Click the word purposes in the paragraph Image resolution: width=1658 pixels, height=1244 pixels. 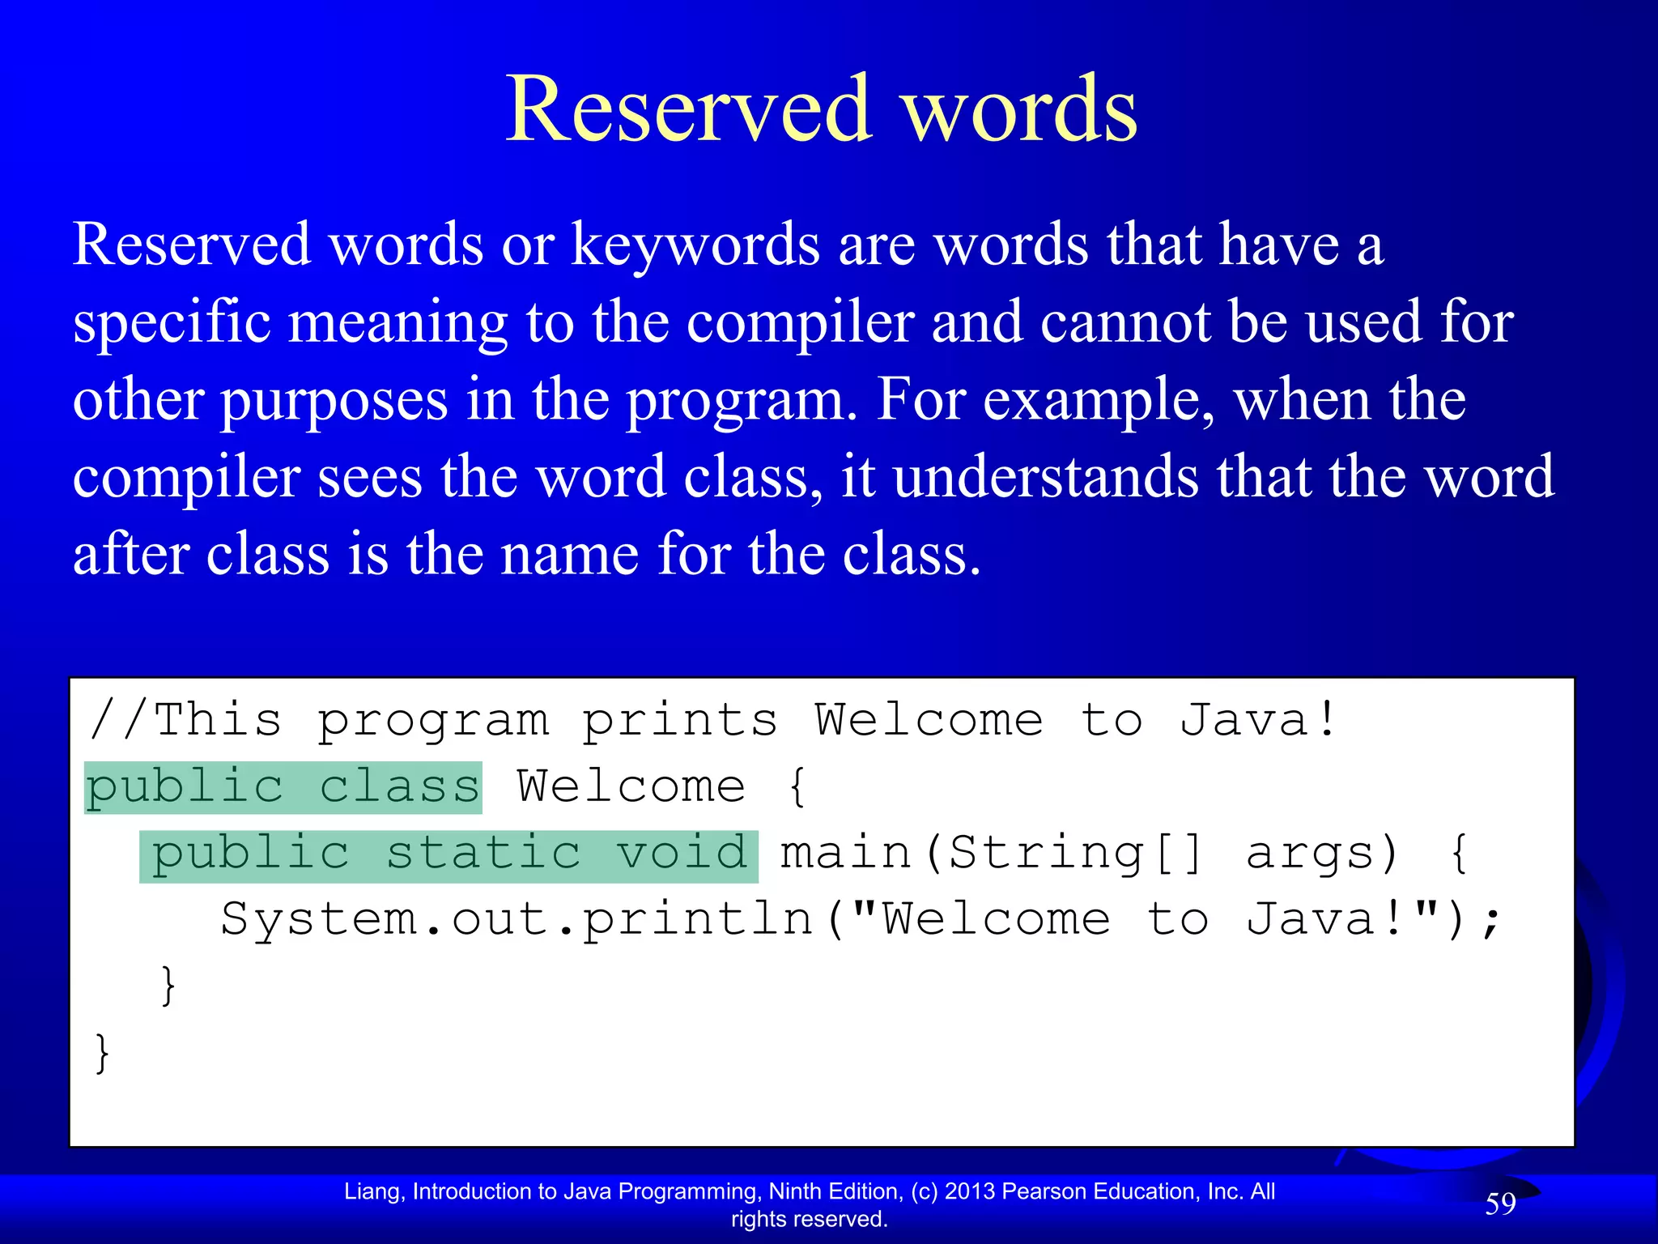(x=334, y=400)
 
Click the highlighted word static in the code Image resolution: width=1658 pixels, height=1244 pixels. (x=483, y=854)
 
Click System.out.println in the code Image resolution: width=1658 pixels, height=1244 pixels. (x=517, y=920)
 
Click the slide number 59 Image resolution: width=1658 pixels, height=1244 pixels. (x=1500, y=1204)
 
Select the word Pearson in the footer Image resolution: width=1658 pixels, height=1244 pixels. (x=1044, y=1191)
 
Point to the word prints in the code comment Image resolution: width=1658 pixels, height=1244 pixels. (x=680, y=721)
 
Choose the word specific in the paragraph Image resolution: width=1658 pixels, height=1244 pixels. (x=172, y=322)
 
